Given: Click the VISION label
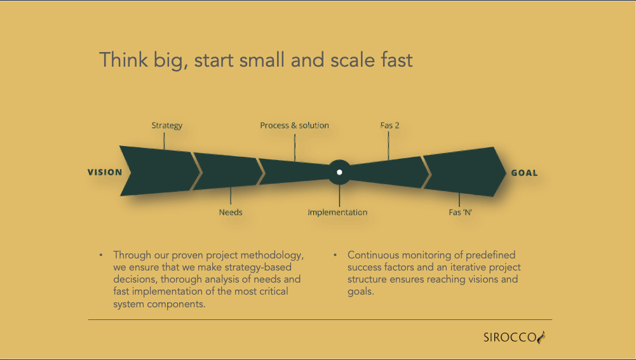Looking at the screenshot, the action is tap(105, 172).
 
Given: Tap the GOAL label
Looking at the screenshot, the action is tap(524, 173).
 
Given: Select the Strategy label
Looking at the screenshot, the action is tap(166, 126).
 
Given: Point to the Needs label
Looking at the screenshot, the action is tap(231, 212).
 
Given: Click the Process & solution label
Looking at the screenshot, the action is tap(294, 125).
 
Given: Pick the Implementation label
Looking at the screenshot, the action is tap(337, 212).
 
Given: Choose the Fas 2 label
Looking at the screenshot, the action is tap(389, 125).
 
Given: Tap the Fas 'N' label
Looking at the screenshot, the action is tap(461, 212).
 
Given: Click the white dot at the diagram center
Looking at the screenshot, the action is tap(339, 172).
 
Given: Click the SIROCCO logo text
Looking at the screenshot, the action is tap(510, 337).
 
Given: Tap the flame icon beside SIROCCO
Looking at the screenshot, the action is tap(541, 337).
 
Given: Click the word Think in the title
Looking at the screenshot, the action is tap(124, 60).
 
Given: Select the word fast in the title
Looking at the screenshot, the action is tap(396, 60).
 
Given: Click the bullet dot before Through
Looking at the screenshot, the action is tap(101, 255).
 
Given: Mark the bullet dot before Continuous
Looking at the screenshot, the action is tap(335, 255).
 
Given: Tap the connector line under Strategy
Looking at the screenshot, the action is tap(165, 141).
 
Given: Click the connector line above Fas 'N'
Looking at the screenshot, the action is tap(459, 200).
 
